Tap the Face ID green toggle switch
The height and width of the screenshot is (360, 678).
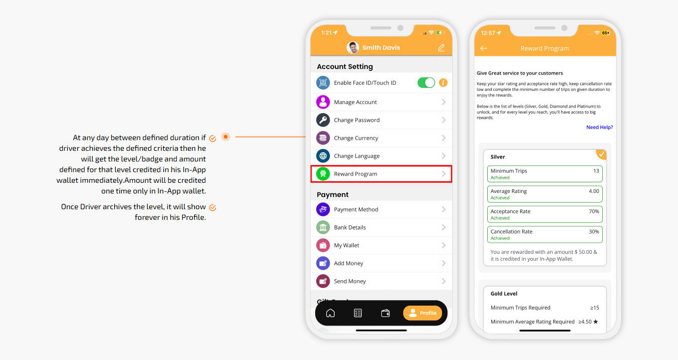click(426, 83)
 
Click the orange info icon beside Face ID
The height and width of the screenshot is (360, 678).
click(443, 83)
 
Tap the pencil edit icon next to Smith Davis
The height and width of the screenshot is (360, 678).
click(442, 48)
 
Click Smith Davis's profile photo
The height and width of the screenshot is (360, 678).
click(353, 48)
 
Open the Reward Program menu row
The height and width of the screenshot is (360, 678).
click(381, 174)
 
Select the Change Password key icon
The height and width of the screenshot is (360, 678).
click(323, 120)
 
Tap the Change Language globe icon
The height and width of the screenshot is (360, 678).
click(323, 156)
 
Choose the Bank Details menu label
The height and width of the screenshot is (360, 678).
click(350, 227)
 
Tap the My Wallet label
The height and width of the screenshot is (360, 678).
click(347, 245)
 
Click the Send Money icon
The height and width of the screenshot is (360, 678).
click(323, 281)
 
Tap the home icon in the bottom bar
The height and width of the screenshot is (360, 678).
click(330, 313)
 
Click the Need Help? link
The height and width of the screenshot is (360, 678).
click(599, 127)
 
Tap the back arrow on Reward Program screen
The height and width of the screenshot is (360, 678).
click(484, 48)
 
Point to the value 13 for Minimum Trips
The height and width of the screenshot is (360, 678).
click(596, 171)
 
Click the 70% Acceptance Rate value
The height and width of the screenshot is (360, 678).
click(594, 211)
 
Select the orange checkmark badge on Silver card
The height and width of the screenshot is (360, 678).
click(601, 154)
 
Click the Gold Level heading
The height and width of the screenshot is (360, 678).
click(504, 293)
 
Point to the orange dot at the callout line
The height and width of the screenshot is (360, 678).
click(225, 137)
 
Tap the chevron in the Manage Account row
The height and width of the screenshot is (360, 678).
click(444, 102)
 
